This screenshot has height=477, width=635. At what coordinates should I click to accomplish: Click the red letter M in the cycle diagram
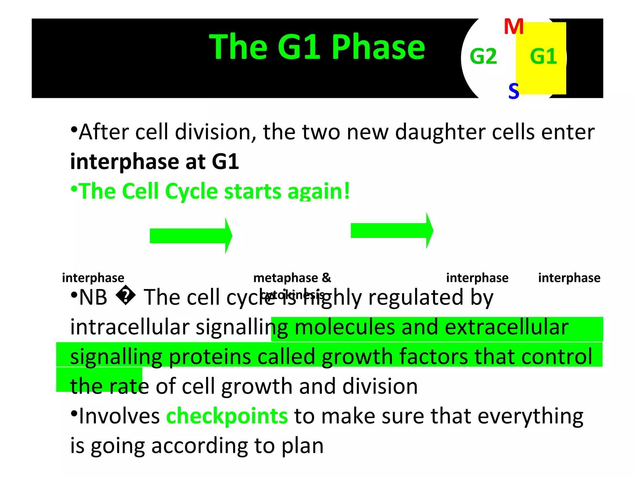(514, 27)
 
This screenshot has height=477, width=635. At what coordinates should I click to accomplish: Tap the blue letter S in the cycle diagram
(514, 91)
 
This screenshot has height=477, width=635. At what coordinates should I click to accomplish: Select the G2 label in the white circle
(483, 57)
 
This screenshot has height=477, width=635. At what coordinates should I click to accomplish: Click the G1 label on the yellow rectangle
(544, 57)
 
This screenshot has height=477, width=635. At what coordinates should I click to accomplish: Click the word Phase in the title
(378, 47)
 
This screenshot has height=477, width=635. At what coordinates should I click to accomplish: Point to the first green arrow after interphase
(191, 236)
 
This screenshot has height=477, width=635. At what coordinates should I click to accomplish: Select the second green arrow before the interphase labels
(392, 230)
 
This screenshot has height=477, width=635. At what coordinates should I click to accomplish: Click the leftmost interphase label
(93, 278)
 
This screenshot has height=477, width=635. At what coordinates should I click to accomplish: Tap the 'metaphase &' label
(292, 278)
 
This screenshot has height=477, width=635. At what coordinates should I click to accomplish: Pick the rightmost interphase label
(569, 278)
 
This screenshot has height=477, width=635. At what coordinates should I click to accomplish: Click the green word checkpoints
(227, 416)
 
